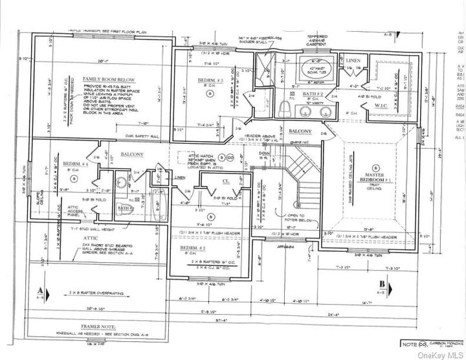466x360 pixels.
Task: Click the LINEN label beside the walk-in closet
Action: point(353,60)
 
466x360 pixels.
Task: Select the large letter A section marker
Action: point(41,290)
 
